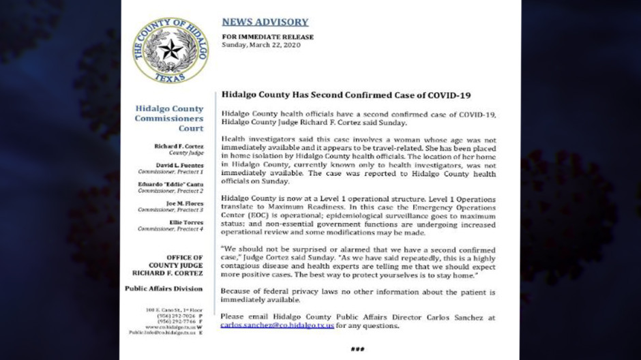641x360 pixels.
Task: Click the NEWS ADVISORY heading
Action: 265,22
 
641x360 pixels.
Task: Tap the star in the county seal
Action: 170,50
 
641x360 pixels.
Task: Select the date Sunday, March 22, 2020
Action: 268,46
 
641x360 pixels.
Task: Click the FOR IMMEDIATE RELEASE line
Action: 267,37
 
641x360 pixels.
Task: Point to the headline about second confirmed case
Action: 346,95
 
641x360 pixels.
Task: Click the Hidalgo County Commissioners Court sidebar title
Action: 169,118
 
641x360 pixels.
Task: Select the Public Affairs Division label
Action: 164,288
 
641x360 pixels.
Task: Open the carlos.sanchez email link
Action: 277,326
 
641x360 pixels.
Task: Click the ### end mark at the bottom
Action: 357,350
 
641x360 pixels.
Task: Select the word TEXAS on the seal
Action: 170,79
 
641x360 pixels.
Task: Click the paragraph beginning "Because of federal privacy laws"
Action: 358,296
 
